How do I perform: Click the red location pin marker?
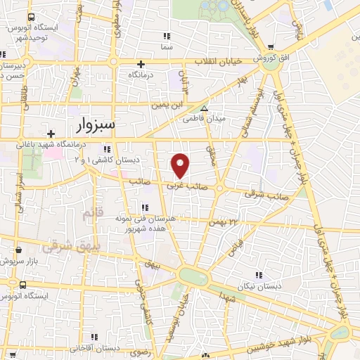[181, 165]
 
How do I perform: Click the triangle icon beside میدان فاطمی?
[204, 109]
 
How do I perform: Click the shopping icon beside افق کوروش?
[291, 47]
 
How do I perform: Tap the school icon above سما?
[167, 35]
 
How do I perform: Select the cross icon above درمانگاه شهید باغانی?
[50, 133]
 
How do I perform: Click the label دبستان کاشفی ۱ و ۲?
[107, 160]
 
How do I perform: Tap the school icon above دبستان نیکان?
[259, 274]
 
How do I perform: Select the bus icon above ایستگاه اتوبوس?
[25, 285]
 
